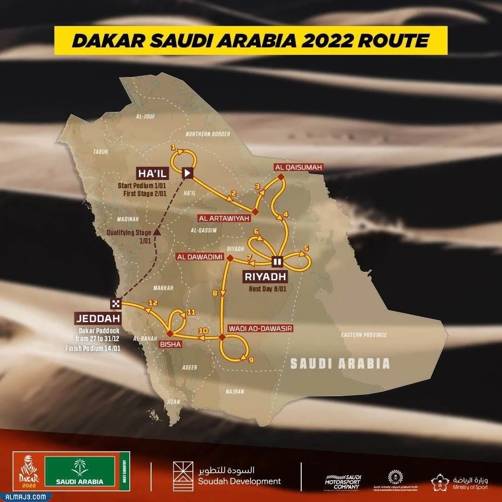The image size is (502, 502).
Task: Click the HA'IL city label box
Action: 152,174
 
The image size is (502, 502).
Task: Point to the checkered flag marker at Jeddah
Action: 116,304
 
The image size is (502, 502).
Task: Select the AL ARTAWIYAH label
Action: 224,218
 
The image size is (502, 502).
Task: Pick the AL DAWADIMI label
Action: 200,257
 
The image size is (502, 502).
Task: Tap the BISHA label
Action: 172,344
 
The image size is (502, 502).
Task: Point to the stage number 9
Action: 251,359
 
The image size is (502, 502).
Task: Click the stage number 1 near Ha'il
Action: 173,147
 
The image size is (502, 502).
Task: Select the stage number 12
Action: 150,303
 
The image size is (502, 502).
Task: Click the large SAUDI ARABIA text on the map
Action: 340,363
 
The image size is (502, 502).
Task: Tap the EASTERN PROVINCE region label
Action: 364,335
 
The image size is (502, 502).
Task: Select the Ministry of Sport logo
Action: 460,482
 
